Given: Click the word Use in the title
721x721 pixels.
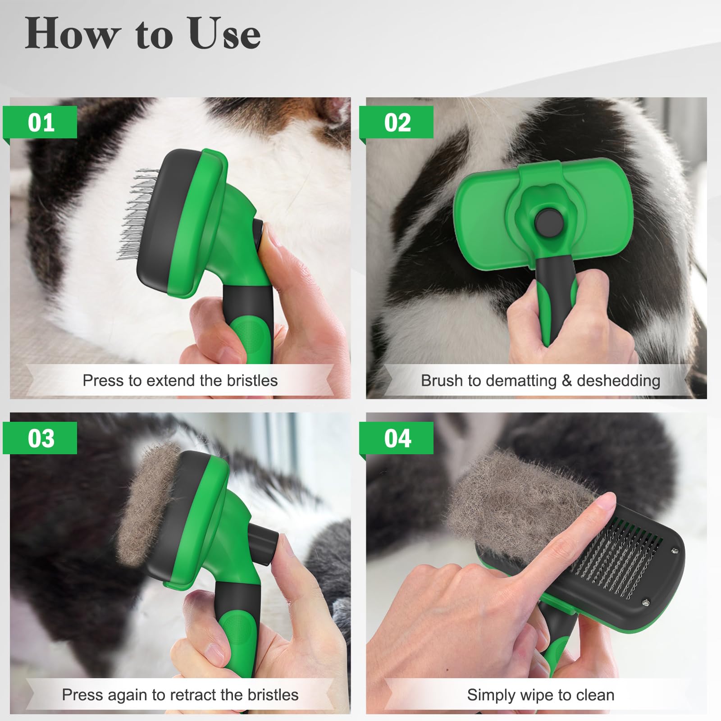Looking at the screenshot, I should pyautogui.click(x=224, y=33).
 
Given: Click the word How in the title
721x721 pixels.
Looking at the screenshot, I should pyautogui.click(x=72, y=33).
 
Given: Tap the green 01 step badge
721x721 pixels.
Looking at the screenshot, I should pyautogui.click(x=41, y=122).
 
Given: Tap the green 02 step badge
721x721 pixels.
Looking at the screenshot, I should pyautogui.click(x=397, y=122).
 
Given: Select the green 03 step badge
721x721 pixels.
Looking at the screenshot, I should pyautogui.click(x=41, y=438).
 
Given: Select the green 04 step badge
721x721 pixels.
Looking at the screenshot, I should pyautogui.click(x=397, y=438).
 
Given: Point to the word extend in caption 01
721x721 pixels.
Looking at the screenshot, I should pyautogui.click(x=171, y=381).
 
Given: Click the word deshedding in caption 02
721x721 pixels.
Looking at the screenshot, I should pyautogui.click(x=618, y=381).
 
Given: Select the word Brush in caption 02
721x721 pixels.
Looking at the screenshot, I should pyautogui.click(x=442, y=381).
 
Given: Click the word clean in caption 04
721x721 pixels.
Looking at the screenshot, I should pyautogui.click(x=595, y=695).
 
